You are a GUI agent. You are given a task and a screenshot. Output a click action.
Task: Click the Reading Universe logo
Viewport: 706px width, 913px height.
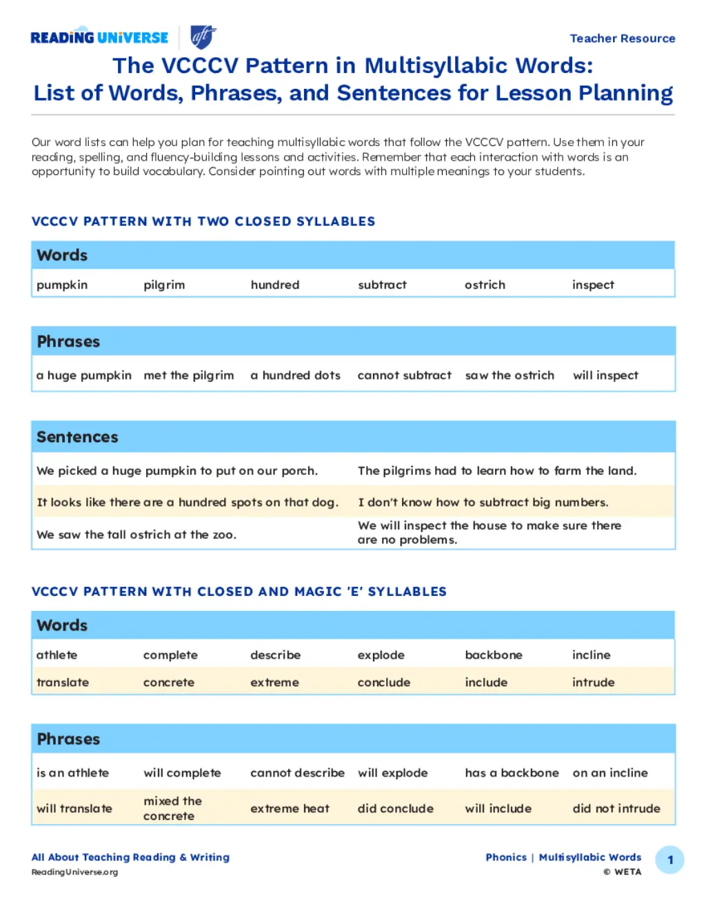99,37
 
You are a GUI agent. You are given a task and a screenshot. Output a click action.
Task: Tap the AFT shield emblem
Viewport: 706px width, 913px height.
203,37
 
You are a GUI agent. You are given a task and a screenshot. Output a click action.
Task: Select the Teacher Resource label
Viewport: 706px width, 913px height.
622,39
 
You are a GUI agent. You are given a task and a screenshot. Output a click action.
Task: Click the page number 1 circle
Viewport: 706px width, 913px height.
669,860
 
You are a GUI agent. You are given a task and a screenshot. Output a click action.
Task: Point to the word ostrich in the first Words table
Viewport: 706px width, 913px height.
485,285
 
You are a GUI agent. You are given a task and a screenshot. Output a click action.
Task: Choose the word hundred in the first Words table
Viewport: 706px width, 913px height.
274,285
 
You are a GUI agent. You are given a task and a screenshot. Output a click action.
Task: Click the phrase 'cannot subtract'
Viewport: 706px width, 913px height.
404,375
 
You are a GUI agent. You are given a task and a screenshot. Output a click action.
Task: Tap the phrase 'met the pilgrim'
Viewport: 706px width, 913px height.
188,375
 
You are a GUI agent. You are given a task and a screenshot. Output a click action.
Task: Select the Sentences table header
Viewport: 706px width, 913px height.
77,437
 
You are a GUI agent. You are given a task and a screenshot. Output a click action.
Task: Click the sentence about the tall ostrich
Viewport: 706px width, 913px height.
136,535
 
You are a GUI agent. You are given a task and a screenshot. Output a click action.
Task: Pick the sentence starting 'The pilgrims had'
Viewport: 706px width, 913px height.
496,471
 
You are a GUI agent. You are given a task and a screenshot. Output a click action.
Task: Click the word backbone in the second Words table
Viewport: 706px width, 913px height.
493,655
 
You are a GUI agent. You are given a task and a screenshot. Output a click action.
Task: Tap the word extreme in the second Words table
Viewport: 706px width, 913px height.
274,682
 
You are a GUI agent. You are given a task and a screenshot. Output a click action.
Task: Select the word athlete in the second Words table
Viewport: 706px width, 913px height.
57,655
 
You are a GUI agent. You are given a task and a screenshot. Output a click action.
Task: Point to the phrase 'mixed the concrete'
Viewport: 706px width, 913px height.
172,808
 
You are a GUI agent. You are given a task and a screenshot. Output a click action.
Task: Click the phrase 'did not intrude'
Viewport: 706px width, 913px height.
616,808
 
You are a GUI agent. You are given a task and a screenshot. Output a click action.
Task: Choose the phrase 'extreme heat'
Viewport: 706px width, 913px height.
290,808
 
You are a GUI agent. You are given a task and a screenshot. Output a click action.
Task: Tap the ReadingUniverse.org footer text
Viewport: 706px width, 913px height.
74,872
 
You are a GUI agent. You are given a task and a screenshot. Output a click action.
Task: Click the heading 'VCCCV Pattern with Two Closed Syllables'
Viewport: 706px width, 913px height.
203,221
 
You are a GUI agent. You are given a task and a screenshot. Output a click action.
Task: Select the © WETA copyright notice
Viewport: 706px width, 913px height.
622,872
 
